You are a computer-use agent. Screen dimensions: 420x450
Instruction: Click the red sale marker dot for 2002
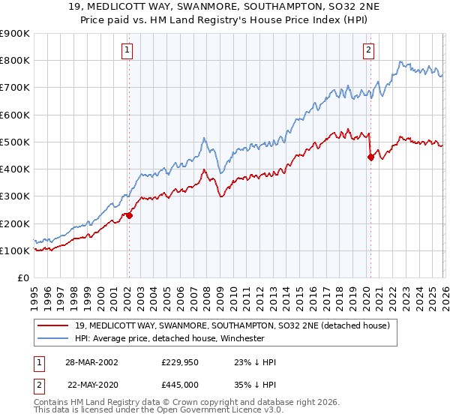click(x=129, y=215)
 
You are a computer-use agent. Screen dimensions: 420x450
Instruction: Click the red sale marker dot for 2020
click(x=370, y=157)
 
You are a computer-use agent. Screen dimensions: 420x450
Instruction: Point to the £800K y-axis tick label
click(x=15, y=61)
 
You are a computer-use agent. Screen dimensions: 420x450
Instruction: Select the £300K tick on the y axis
click(x=15, y=196)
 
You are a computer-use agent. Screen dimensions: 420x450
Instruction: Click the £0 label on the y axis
click(x=22, y=278)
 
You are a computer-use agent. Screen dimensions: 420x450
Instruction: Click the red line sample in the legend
click(x=54, y=326)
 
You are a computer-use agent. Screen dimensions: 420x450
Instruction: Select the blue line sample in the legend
click(x=54, y=339)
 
